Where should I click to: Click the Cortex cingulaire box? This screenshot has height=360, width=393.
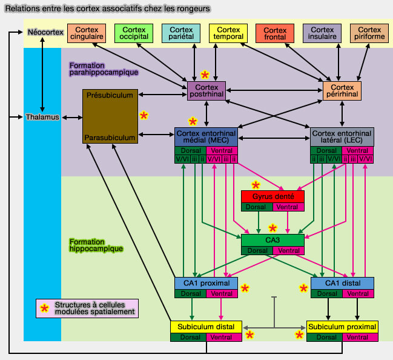point(87,33)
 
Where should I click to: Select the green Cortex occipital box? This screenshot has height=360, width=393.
point(134,33)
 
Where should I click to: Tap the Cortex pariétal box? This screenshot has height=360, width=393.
point(181,33)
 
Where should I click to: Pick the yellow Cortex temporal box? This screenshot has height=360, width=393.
point(228,33)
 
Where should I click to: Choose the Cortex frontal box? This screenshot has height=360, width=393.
point(276,33)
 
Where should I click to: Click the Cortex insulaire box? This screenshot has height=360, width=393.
point(323,33)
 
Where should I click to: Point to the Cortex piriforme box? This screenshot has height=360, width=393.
point(369,33)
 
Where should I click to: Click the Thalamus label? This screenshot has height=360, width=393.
point(42,117)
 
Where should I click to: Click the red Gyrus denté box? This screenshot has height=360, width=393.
point(272,197)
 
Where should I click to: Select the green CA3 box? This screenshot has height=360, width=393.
point(272,240)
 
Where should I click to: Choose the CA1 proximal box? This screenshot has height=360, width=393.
point(206,283)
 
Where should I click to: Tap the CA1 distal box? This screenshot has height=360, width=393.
point(342,283)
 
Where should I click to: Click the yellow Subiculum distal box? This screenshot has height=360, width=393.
point(206,327)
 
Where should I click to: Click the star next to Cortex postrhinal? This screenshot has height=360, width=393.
point(205,75)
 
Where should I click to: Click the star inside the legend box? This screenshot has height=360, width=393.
point(44,308)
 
